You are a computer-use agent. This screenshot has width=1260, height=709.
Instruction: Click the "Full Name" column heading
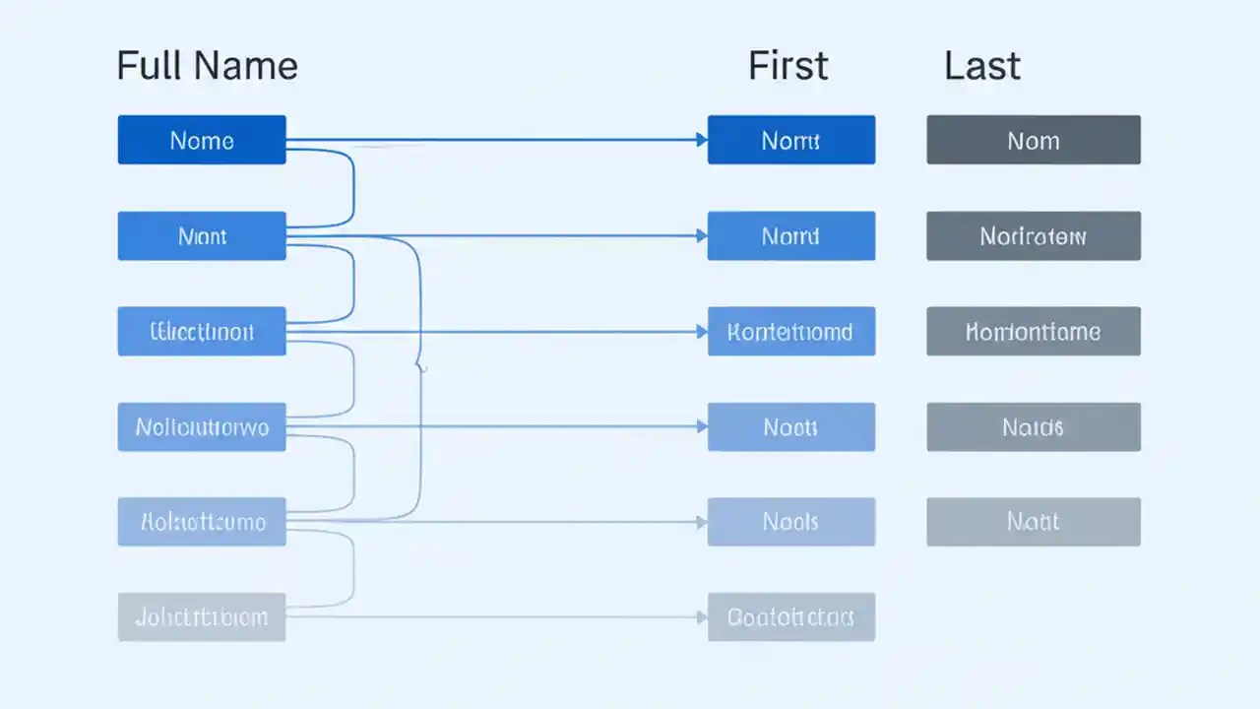207,66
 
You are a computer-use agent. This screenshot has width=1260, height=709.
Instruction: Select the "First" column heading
787,66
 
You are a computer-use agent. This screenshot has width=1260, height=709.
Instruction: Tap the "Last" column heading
981,66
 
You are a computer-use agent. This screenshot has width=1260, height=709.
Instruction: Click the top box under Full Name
202,140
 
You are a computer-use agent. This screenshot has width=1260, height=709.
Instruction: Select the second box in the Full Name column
202,236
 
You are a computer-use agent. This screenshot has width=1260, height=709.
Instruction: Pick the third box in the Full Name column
202,331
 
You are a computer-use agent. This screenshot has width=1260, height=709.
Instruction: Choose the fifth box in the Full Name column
202,521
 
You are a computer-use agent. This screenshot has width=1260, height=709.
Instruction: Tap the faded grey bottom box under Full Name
202,617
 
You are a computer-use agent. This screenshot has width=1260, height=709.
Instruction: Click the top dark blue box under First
790,140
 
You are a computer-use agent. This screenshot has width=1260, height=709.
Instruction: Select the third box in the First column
790,331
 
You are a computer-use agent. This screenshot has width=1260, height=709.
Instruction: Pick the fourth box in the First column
790,426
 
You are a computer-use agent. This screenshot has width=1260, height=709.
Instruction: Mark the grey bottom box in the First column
790,617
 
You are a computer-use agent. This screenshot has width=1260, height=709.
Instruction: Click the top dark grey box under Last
1034,140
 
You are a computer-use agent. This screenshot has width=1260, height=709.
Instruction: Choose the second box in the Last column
1034,236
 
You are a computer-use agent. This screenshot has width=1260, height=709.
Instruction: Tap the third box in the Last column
1034,331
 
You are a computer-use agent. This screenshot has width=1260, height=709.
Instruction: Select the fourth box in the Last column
1034,426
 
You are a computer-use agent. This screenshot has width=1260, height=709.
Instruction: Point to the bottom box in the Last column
1034,521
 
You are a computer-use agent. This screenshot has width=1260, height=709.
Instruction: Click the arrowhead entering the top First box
702,140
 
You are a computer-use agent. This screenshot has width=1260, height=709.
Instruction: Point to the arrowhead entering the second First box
702,236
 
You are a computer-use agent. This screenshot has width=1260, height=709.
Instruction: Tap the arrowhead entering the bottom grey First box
702,617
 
